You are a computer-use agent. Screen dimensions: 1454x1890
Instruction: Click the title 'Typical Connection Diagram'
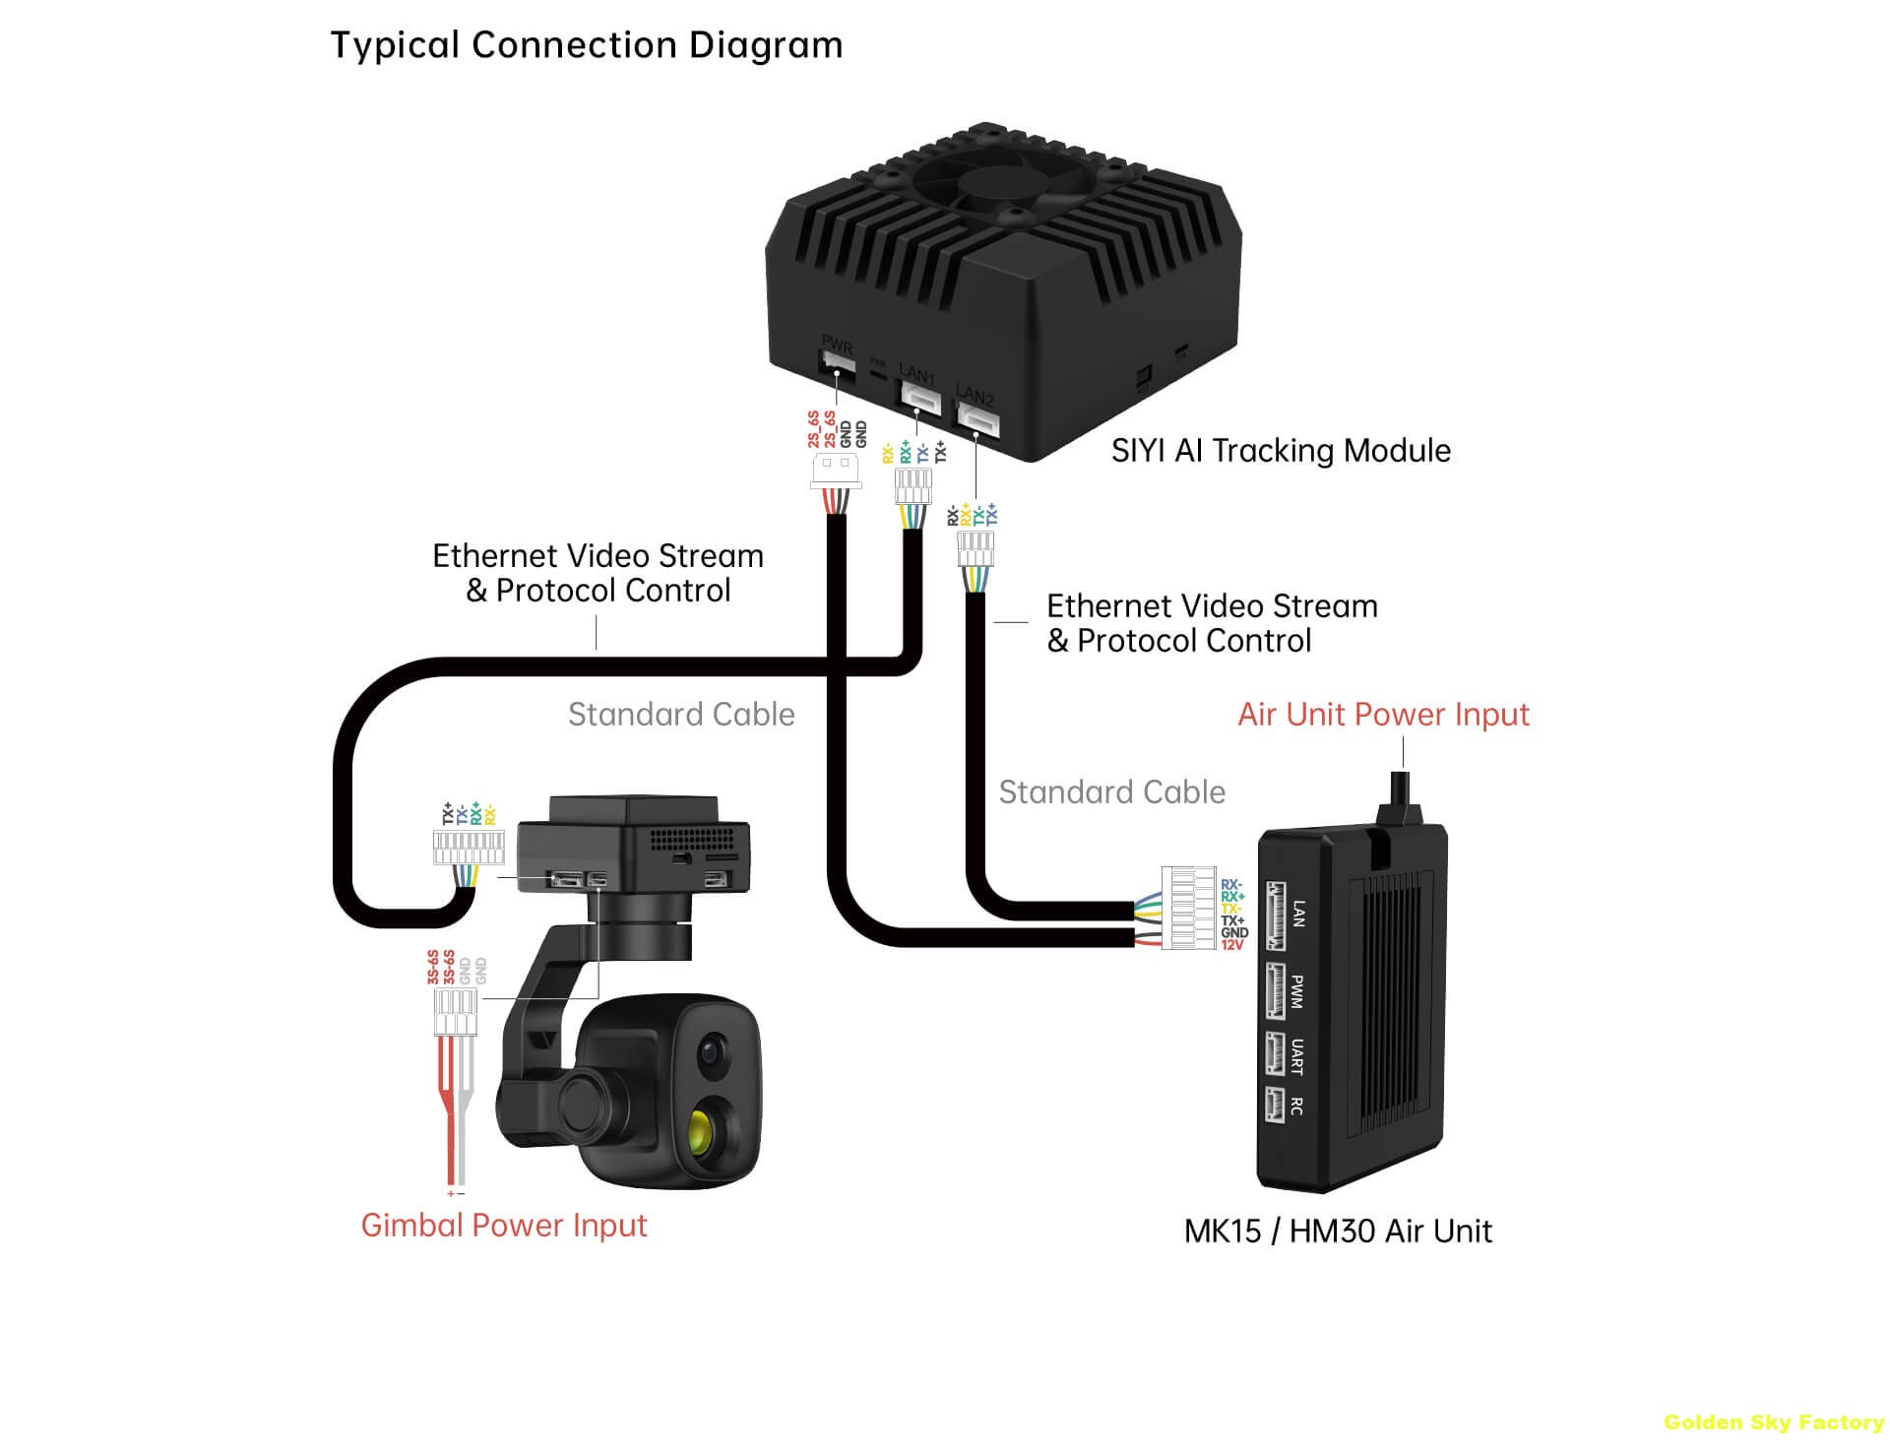[x=586, y=45]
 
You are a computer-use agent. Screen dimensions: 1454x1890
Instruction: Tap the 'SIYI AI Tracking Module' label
[x=1280, y=451]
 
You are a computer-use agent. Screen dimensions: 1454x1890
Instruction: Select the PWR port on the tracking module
[x=837, y=365]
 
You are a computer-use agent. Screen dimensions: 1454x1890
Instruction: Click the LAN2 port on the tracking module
[x=977, y=419]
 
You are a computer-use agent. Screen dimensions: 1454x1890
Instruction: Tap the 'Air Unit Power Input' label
[x=1382, y=715]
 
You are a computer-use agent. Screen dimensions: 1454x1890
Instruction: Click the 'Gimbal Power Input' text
[x=503, y=1226]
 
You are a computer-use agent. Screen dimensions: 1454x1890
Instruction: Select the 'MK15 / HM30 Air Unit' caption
[x=1337, y=1232]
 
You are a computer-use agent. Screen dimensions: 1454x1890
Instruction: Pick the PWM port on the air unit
[x=1276, y=990]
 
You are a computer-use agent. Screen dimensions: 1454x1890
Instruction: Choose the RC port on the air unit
[x=1276, y=1105]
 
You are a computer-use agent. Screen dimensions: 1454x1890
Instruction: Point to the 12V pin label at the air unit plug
[x=1232, y=945]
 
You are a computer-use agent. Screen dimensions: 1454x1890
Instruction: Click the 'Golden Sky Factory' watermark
[x=1773, y=1422]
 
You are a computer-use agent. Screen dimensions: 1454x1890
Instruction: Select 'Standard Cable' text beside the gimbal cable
[x=681, y=715]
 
